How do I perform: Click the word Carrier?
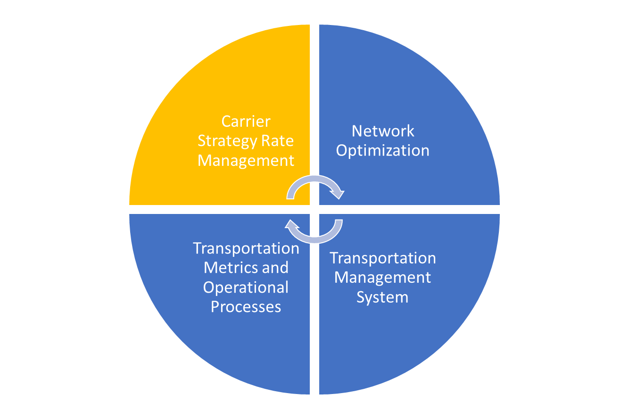pyautogui.click(x=246, y=122)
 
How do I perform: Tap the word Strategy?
pyautogui.click(x=227, y=141)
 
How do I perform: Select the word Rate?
pyautogui.click(x=277, y=140)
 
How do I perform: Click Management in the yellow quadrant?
pyautogui.click(x=246, y=161)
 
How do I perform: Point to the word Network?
pyautogui.click(x=383, y=131)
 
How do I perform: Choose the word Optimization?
pyautogui.click(x=383, y=151)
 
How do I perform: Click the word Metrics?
pyautogui.click(x=231, y=267)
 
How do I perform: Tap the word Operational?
pyautogui.click(x=246, y=288)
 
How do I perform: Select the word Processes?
pyautogui.click(x=246, y=307)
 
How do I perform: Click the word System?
pyautogui.click(x=382, y=297)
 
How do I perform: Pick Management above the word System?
pyautogui.click(x=382, y=278)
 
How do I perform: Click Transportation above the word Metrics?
pyautogui.click(x=246, y=249)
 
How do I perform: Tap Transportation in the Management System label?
pyautogui.click(x=383, y=258)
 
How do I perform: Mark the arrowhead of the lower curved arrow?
pyautogui.click(x=291, y=225)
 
